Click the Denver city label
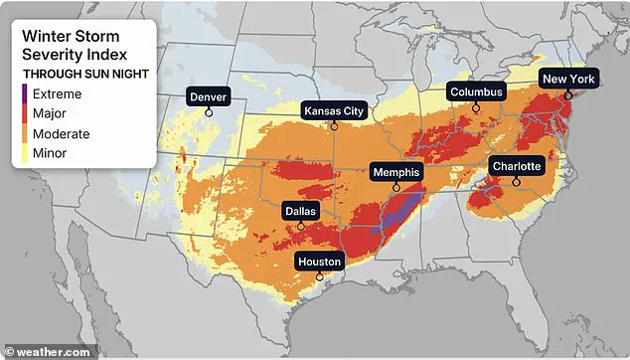point(209,96)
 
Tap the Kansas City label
point(334,110)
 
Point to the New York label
point(568,79)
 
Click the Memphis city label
point(396,172)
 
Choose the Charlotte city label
point(516,166)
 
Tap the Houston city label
point(320,262)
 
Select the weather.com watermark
point(48,350)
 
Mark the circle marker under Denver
point(209,112)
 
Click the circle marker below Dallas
point(300,227)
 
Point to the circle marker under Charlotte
point(516,181)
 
